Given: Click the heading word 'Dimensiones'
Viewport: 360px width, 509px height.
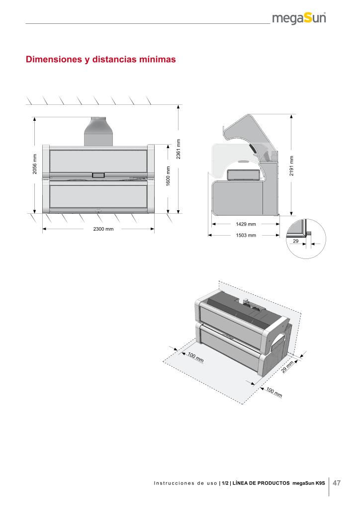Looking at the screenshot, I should point(54,60).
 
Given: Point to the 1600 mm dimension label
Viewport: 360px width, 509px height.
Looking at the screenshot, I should point(168,177).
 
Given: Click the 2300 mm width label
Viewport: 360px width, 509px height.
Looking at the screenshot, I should point(103,229).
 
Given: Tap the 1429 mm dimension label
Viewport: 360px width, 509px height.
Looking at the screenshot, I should point(246,225).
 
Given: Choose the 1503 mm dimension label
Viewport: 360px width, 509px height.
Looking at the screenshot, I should point(246,236).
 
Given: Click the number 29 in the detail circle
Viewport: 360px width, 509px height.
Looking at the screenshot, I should point(295,241).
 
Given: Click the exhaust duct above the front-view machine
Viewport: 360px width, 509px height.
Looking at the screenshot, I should point(98,131).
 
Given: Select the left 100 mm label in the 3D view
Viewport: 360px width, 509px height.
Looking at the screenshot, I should point(195,357).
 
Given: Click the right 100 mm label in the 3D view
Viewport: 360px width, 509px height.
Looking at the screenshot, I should point(274,393).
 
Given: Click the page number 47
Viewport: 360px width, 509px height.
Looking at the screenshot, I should point(337,483).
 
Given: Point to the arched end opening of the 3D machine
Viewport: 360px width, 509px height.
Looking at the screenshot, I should point(279,343).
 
